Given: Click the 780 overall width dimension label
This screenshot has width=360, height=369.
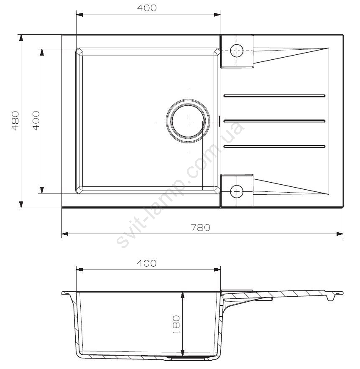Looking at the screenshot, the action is click(200, 228).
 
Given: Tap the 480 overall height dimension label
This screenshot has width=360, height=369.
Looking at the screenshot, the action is click(15, 121).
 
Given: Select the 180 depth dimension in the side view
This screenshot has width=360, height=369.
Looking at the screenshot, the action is click(176, 324).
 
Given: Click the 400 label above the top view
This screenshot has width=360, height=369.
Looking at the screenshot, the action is click(147, 8).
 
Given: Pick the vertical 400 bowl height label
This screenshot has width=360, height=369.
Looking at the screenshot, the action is click(36, 121).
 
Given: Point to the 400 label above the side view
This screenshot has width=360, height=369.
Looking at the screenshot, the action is click(147, 263).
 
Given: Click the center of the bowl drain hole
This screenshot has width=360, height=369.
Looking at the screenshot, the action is click(188, 121).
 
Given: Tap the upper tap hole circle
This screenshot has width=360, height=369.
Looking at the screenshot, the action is click(237, 51).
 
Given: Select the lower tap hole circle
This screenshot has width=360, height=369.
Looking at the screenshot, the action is click(237, 191).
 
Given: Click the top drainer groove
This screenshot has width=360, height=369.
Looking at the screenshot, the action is click(274, 96).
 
